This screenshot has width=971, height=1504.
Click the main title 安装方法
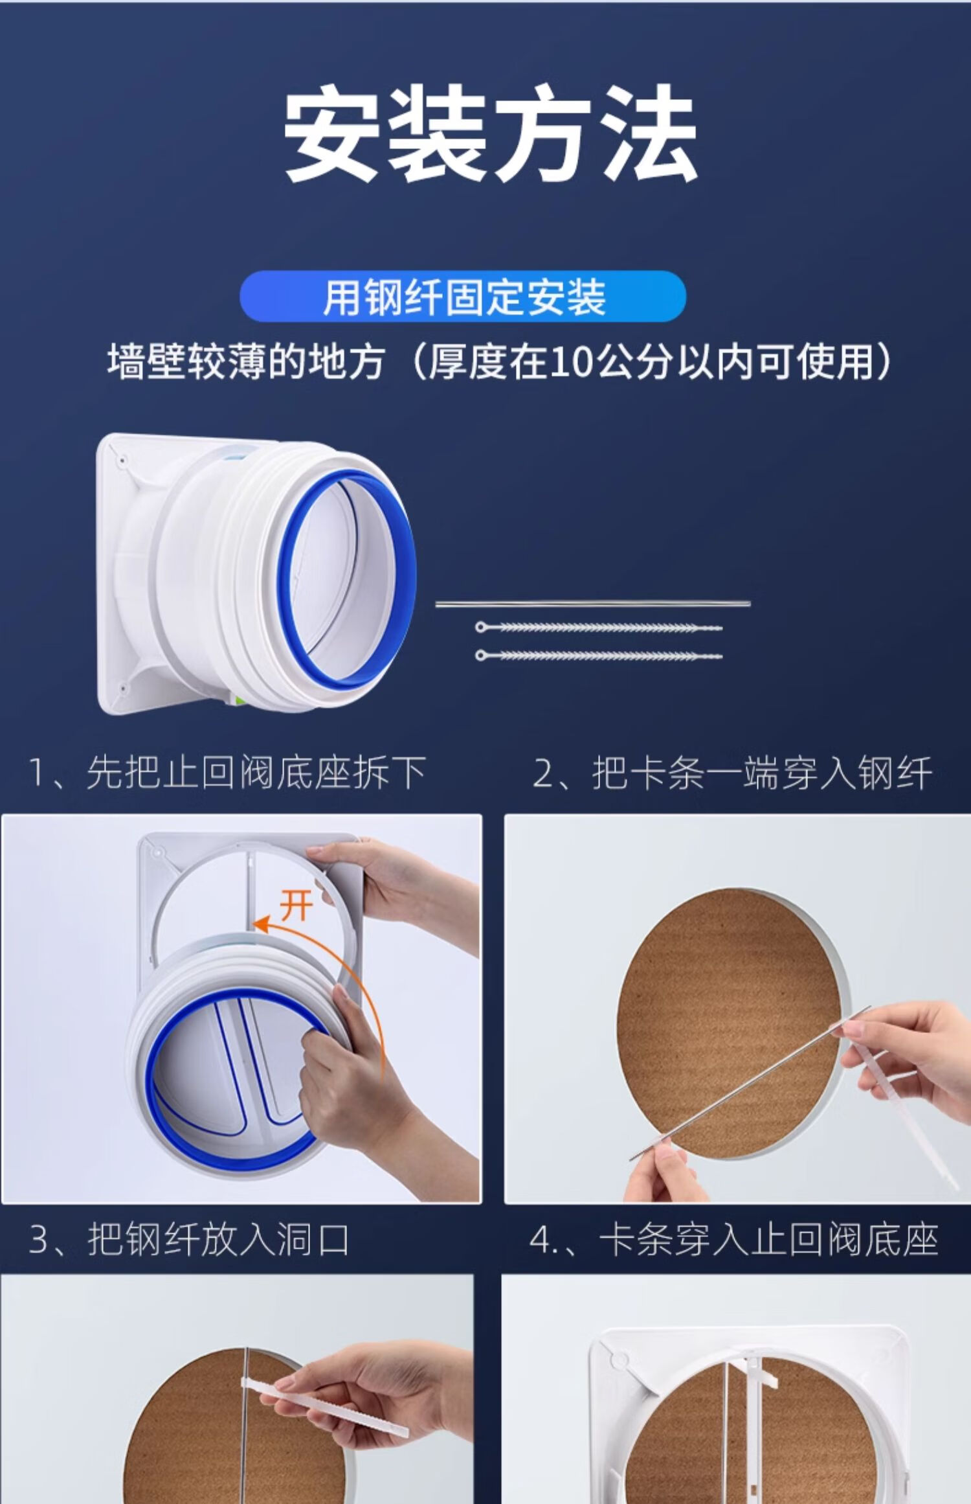pyautogui.click(x=491, y=134)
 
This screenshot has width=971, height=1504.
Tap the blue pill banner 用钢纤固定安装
pyautogui.click(x=463, y=297)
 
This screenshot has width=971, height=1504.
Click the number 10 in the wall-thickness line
pyautogui.click(x=569, y=363)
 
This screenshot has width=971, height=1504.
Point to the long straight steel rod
pyautogui.click(x=593, y=604)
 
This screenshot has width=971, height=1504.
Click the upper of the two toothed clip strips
pyautogui.click(x=599, y=627)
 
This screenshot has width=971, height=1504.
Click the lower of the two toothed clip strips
pyautogui.click(x=599, y=655)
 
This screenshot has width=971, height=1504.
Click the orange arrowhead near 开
pyautogui.click(x=261, y=924)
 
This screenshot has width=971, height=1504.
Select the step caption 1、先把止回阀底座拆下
pyautogui.click(x=227, y=773)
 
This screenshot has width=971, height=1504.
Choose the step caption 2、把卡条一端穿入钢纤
pyautogui.click(x=732, y=773)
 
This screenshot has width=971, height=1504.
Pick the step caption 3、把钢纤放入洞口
pyautogui.click(x=188, y=1240)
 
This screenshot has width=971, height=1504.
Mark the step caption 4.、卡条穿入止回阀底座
pyautogui.click(x=733, y=1240)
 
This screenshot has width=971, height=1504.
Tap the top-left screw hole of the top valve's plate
pyautogui.click(x=122, y=461)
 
